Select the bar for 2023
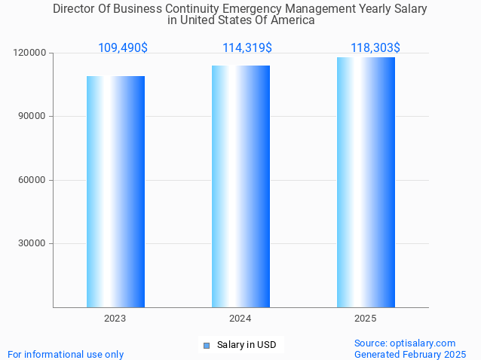click(x=115, y=191)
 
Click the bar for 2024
click(x=240, y=186)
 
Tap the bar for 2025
click(x=366, y=182)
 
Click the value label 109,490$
click(x=123, y=48)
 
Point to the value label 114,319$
click(x=247, y=48)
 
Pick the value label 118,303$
click(x=375, y=48)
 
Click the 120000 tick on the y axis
click(x=30, y=53)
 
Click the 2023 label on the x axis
click(x=115, y=319)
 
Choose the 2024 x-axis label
click(x=240, y=319)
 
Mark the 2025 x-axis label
click(x=366, y=319)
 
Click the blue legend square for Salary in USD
click(x=206, y=346)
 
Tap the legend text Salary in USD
click(x=247, y=346)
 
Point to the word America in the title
click(x=290, y=20)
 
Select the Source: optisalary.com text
click(x=405, y=343)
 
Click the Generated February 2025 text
click(x=410, y=354)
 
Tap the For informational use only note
click(x=66, y=354)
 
